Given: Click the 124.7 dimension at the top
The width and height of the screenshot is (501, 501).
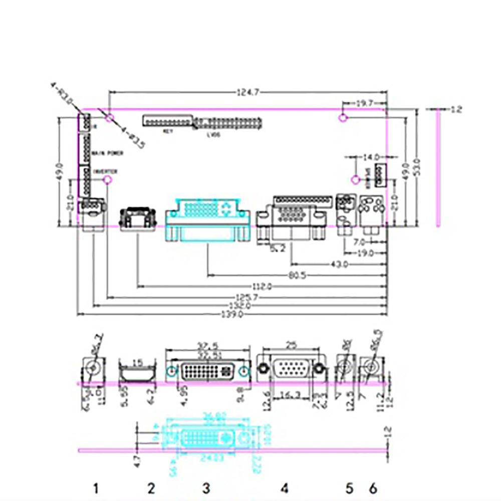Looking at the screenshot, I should [248, 92].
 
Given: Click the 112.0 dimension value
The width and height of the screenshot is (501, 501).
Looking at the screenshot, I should [262, 287].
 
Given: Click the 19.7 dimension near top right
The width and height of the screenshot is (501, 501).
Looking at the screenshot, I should [364, 103].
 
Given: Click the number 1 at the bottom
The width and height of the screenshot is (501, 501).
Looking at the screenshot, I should [96, 487].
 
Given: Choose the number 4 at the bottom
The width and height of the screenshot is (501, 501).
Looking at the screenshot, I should [285, 487].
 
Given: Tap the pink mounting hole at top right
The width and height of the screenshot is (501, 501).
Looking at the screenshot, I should [343, 118].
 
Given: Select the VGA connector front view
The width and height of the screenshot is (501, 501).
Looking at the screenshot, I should [291, 370].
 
